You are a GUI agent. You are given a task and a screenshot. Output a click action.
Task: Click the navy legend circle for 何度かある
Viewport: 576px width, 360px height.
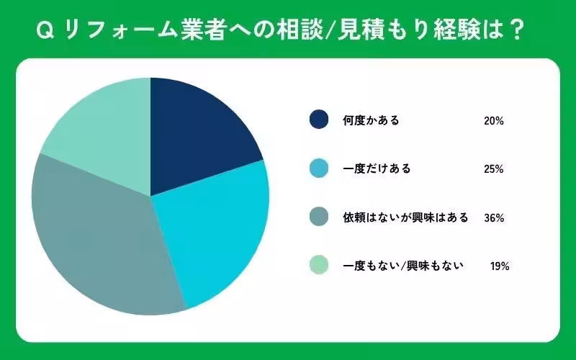318,120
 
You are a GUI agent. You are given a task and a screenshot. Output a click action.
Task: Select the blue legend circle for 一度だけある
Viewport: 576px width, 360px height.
318,169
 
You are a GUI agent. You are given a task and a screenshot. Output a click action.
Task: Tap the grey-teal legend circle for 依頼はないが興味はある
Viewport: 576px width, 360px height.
318,217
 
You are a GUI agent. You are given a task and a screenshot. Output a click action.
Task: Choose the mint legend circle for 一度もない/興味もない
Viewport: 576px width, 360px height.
318,266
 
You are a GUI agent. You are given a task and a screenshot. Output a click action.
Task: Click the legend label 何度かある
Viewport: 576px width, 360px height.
371,120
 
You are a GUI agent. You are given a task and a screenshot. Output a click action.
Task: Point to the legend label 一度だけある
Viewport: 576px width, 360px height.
376,169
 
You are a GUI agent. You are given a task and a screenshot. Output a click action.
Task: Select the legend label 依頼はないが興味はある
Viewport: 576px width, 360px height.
405,217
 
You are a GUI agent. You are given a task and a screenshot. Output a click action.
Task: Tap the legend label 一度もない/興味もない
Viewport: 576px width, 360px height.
402,266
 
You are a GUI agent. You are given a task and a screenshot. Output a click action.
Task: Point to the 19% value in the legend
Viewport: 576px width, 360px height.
500,266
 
